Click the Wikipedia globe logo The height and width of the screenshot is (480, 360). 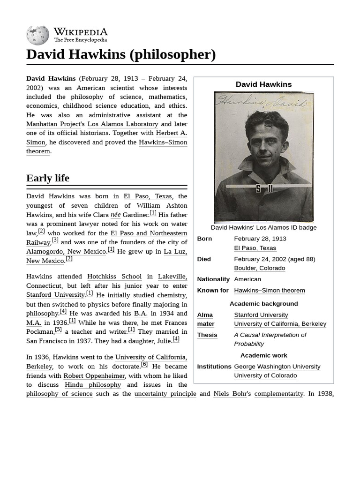37,35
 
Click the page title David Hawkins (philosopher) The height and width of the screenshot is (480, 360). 121,54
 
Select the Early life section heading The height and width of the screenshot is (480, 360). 48,178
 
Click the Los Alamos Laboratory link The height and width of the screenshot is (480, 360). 123,124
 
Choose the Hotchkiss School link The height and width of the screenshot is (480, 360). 114,277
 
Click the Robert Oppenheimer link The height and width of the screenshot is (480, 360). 94,376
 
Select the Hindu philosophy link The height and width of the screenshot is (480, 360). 93,385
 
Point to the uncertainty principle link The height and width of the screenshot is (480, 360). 165,394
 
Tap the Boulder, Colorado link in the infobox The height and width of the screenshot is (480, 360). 259,268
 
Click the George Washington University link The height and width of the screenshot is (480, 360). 277,367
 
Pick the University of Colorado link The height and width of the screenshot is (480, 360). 265,375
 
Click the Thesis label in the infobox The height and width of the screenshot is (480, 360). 207,335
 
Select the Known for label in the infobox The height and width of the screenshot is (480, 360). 213,291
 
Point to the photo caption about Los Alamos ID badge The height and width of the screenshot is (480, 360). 263,228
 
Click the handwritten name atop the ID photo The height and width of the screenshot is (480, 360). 263,101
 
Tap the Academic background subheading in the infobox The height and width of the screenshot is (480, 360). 263,304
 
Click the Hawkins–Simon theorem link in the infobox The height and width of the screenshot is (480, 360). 269,291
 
